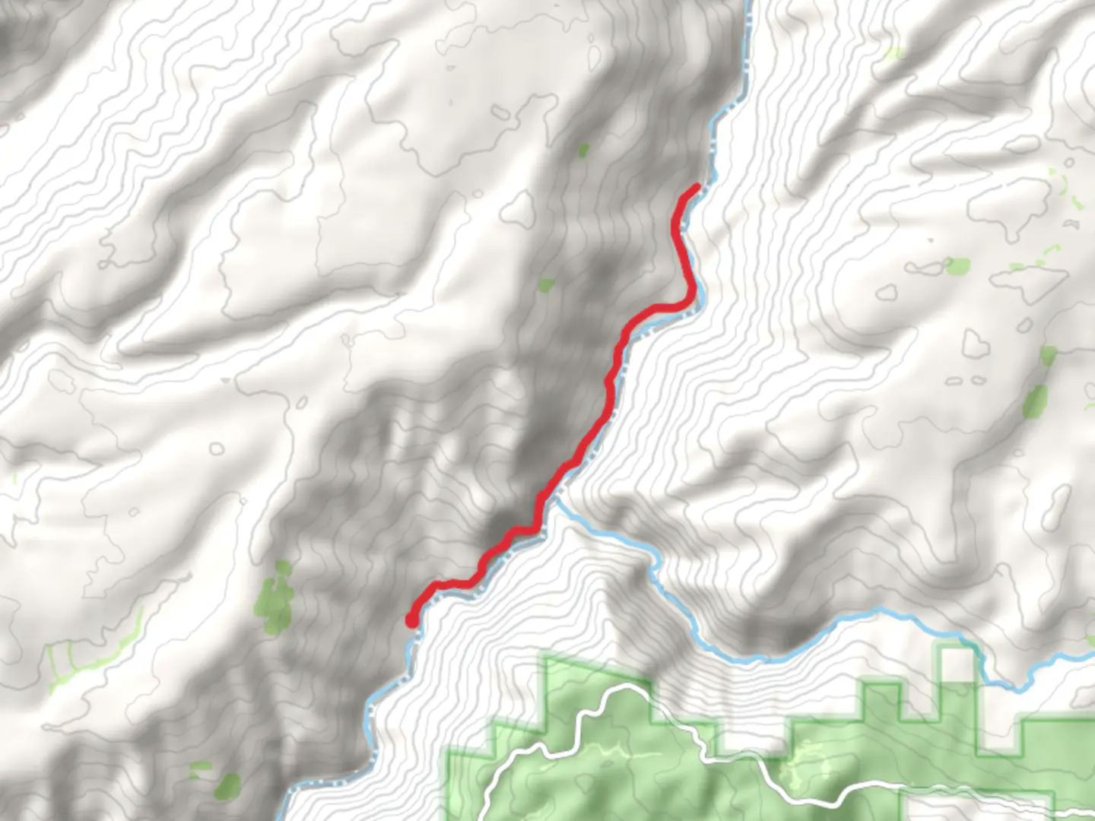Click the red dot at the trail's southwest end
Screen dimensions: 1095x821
coord(411,621)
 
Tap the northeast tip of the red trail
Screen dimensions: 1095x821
coord(697,186)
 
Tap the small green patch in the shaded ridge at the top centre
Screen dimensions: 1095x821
coord(583,150)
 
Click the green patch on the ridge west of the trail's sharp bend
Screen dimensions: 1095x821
coord(545,285)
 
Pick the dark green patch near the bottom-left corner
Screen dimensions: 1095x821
coord(227,786)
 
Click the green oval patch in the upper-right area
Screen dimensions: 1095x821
coord(957,266)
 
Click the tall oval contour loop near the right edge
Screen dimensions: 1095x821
coord(1058,508)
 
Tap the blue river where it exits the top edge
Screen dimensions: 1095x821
coord(748,3)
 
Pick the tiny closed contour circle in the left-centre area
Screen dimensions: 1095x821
coord(217,449)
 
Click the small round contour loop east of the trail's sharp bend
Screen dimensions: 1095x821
coord(886,293)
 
